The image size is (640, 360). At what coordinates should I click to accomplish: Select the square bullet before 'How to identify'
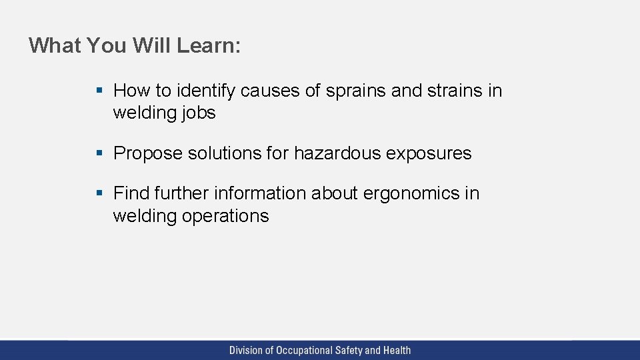(x=99, y=90)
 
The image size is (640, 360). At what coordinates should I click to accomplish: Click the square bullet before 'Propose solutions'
(x=99, y=153)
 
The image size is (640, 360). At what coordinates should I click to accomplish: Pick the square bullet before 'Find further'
(x=99, y=193)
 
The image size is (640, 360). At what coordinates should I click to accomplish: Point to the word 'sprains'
(x=356, y=91)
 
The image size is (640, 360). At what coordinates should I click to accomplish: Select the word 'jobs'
(x=199, y=113)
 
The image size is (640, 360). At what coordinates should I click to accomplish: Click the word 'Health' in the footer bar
(x=397, y=350)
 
